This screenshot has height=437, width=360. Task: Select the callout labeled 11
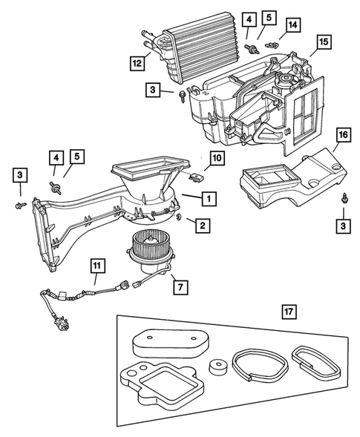coord(97,264)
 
